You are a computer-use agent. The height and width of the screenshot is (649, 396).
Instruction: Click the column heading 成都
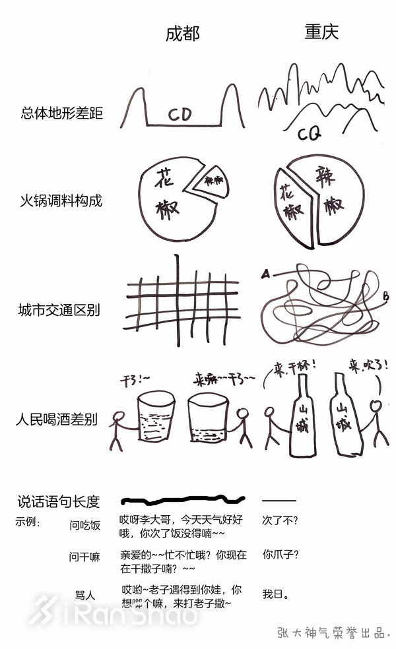tap(181, 33)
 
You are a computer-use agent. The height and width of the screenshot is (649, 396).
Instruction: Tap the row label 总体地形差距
tap(61, 113)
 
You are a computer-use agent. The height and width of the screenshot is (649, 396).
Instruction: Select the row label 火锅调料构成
tap(61, 201)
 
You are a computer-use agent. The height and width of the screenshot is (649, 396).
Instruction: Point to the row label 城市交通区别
tap(61, 309)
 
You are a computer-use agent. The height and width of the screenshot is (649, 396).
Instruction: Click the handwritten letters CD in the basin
tap(180, 115)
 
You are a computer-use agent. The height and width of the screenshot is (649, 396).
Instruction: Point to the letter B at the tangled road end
tap(385, 297)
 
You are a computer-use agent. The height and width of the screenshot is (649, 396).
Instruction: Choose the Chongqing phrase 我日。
tap(275, 594)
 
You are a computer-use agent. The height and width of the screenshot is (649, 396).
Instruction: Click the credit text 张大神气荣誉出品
tap(334, 632)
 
